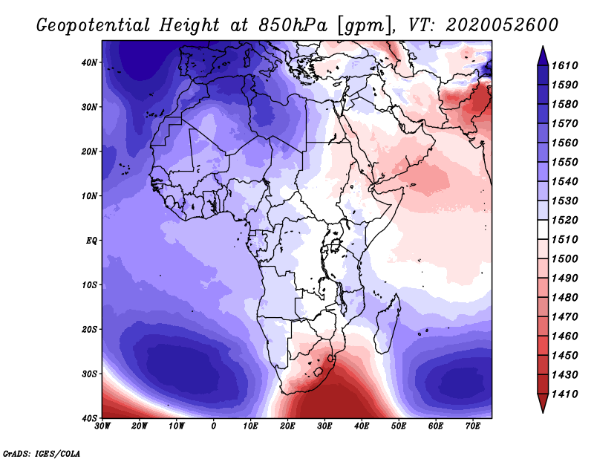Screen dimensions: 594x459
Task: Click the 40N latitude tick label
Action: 88,62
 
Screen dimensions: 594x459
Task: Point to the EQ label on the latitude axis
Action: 91,241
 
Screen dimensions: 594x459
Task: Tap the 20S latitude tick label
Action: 88,329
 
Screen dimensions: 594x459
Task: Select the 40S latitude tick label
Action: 88,418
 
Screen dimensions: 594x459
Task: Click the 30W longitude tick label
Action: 102,426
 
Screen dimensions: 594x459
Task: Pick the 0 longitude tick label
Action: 214,426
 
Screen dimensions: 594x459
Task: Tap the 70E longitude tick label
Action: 473,426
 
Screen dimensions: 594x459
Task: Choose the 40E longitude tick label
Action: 362,426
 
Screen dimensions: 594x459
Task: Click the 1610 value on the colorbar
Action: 564,65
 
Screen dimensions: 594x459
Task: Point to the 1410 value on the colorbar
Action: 564,394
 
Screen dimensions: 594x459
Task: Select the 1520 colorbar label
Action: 564,220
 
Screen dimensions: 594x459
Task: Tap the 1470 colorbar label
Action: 564,317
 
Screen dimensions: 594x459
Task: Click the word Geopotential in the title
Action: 94,25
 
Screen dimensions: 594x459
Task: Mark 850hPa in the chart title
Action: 293,25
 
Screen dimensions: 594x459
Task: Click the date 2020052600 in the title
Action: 502,25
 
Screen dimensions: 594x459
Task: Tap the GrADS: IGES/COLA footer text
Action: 42,453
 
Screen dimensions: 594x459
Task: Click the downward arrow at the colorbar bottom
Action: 543,403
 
